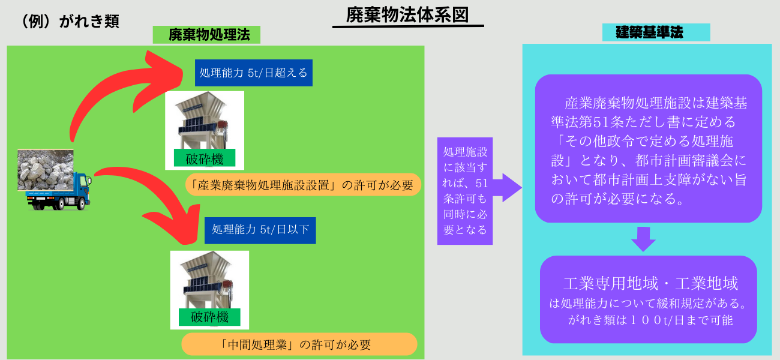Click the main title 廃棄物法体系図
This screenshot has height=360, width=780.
407,16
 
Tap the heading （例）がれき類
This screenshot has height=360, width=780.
71,21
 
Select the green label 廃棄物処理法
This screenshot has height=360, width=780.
206,35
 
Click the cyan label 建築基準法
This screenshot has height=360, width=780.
656,32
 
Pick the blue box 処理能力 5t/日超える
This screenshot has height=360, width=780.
253,73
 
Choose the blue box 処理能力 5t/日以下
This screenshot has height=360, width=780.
260,230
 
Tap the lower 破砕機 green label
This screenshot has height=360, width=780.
209,317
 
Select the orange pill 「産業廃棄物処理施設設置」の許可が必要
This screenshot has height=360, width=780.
303,185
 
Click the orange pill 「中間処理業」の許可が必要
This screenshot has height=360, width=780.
299,344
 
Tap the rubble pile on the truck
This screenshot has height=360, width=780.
46,170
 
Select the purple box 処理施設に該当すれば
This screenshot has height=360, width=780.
465,191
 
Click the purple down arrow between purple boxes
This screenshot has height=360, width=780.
643,239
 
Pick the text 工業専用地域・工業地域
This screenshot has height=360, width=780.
650,283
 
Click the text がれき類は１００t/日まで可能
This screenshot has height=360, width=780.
650,320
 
